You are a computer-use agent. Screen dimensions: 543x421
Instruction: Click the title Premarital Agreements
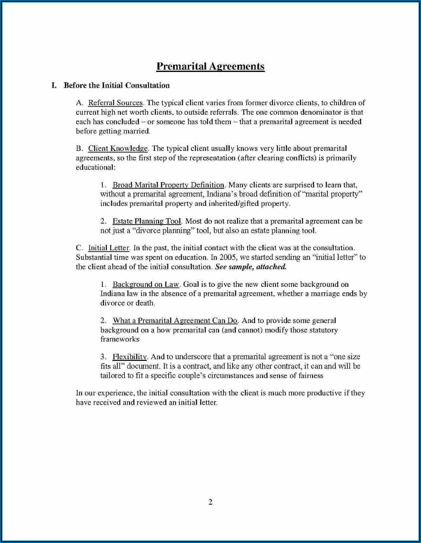pos(210,67)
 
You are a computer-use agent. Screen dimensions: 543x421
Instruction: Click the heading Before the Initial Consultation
pos(116,86)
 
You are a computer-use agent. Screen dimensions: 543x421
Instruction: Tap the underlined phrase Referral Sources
pos(115,103)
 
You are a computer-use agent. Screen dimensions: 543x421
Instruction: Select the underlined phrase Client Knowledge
pos(118,148)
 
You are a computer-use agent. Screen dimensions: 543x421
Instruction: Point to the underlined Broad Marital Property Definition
pos(168,185)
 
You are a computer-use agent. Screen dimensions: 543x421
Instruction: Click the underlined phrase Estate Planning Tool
pos(146,221)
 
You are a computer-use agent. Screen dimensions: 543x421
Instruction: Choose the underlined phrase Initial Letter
pos(109,248)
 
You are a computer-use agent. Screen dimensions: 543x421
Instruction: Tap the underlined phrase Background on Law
pos(146,284)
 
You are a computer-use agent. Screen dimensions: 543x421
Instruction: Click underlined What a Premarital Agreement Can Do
pos(175,321)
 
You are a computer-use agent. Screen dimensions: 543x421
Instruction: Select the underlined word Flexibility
pos(129,357)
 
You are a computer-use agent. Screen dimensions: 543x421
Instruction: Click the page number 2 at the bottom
pos(210,502)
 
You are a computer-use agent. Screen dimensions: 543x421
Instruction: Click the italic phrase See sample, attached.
pos(250,267)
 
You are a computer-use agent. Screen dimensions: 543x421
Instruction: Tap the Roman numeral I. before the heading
pos(54,86)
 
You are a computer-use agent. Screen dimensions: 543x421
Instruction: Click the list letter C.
pos(79,248)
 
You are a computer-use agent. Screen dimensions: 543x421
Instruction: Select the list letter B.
pos(79,148)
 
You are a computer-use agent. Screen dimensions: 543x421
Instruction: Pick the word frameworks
pos(119,339)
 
